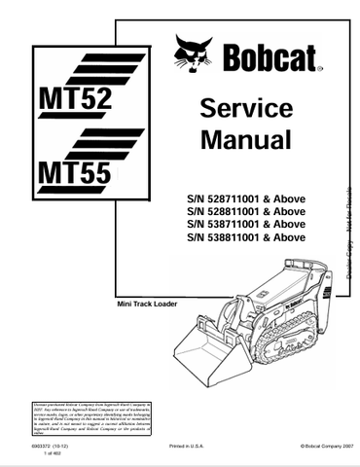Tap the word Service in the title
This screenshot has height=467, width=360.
point(245,108)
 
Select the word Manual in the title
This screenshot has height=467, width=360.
point(245,139)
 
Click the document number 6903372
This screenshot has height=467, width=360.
point(39,445)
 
